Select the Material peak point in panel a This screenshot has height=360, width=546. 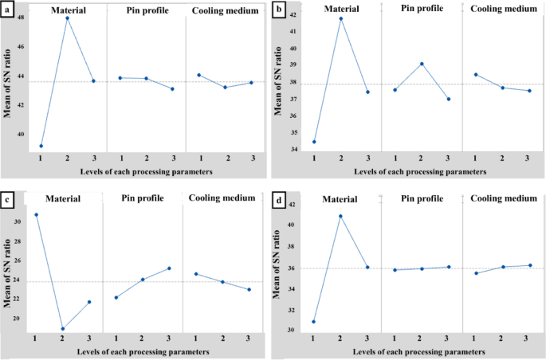[x=67, y=18]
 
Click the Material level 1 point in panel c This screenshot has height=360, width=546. [x=36, y=214]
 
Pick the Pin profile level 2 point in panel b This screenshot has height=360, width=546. [x=422, y=64]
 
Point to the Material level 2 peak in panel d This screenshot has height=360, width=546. [x=340, y=216]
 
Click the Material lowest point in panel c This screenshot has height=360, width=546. [x=62, y=328]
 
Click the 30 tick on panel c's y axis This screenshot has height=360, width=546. [x=19, y=221]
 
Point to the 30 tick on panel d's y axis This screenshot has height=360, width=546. [x=292, y=331]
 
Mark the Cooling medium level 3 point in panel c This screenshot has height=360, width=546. [x=249, y=289]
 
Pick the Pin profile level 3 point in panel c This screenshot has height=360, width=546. [x=169, y=268]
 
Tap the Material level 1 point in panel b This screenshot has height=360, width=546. [x=314, y=142]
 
